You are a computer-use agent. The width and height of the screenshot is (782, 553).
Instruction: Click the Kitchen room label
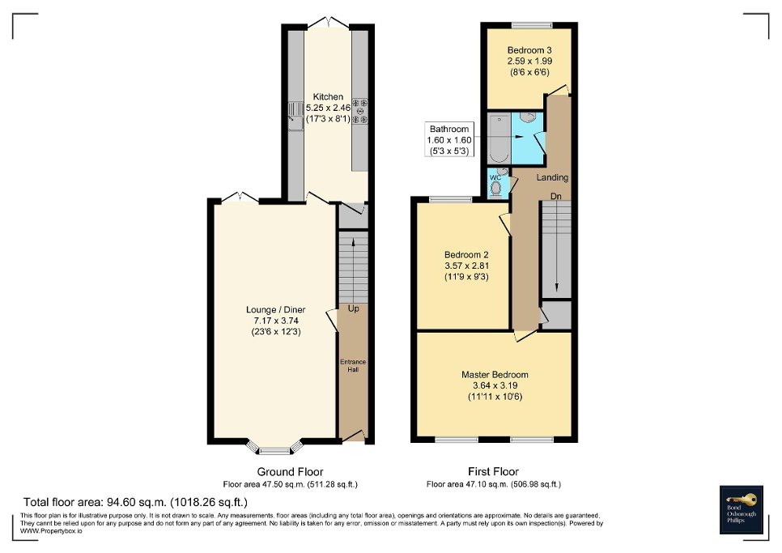(x=328, y=97)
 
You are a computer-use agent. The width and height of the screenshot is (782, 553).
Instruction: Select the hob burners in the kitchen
(x=359, y=111)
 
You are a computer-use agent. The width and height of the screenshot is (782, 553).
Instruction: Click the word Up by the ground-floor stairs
(x=353, y=309)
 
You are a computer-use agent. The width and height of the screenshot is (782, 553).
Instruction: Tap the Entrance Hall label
(x=353, y=367)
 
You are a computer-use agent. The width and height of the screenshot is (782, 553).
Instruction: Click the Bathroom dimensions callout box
(x=448, y=140)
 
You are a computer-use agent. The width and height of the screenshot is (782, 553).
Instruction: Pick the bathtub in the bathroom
(x=497, y=138)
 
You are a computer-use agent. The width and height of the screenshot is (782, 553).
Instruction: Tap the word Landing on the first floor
(x=552, y=177)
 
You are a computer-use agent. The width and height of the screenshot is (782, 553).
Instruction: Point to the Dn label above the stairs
(x=555, y=196)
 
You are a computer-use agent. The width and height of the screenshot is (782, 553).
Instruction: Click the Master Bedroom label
(x=495, y=375)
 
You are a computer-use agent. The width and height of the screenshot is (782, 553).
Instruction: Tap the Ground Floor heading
(x=290, y=471)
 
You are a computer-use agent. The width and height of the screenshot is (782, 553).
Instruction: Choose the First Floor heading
(x=493, y=471)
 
